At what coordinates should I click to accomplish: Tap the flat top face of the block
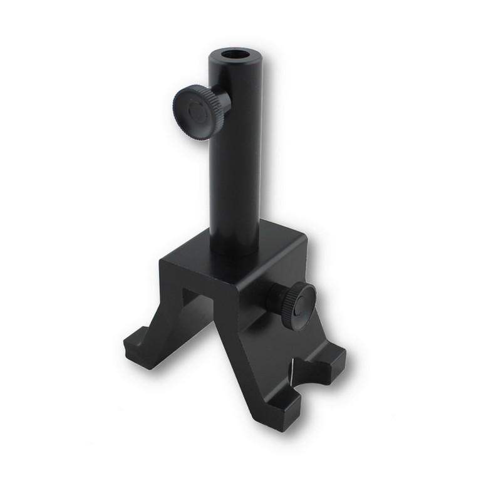click(x=276, y=241)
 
